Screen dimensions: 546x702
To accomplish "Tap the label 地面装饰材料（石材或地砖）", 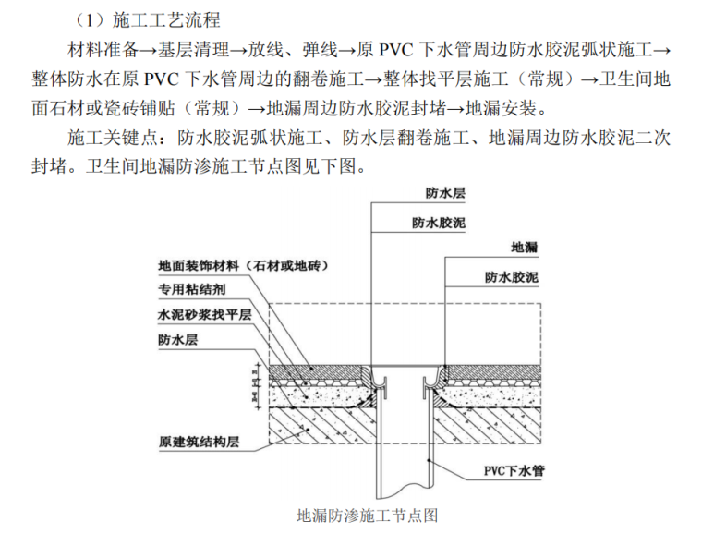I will (245, 265).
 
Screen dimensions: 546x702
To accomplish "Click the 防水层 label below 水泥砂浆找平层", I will (177, 340).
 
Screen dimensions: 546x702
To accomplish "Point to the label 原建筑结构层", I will (199, 441).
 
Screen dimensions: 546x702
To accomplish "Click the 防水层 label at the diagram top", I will (445, 193).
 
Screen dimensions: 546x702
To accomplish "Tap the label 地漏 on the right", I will (525, 248).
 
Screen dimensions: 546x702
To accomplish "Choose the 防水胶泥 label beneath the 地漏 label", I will (512, 277).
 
